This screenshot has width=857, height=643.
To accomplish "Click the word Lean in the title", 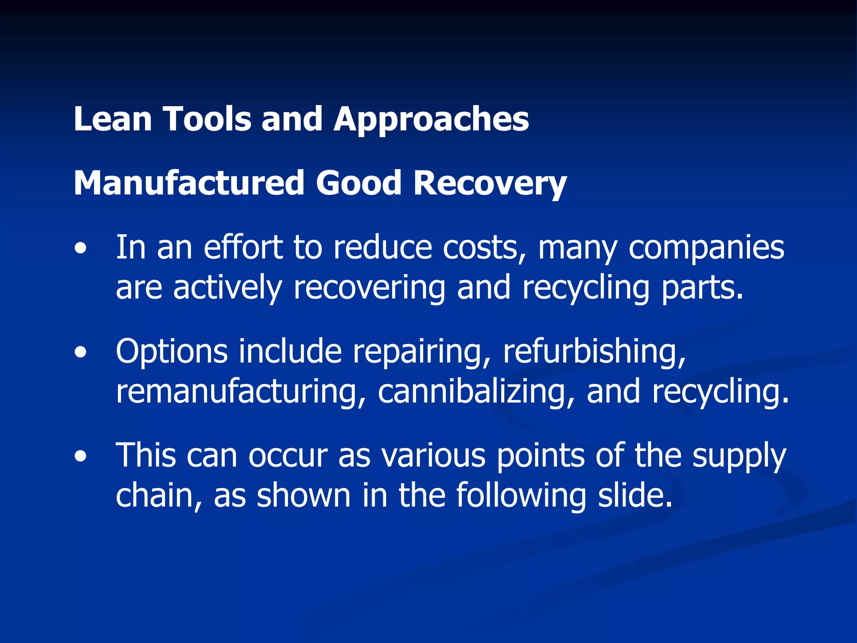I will pyautogui.click(x=112, y=119).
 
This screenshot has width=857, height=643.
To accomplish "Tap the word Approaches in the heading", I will pyautogui.click(x=431, y=119).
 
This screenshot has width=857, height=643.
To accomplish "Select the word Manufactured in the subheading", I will pyautogui.click(x=188, y=183).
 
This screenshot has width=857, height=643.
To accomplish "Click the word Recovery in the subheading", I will pyautogui.click(x=490, y=183).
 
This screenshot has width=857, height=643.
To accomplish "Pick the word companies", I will pyautogui.click(x=706, y=248).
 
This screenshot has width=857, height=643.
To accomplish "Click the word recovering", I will pyautogui.click(x=369, y=288).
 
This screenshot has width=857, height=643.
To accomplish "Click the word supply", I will pyautogui.click(x=739, y=455).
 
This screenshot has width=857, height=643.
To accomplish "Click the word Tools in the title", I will pyautogui.click(x=208, y=119).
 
